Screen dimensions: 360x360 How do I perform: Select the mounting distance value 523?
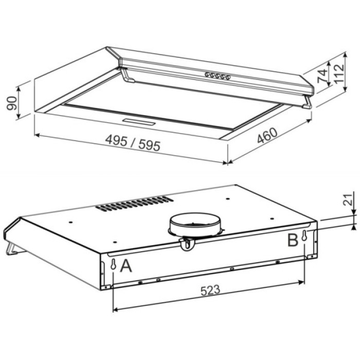[209, 290]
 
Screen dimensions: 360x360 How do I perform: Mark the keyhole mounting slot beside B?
[305, 238]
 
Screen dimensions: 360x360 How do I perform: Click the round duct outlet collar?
[194, 223]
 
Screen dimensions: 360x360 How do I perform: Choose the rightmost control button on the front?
[228, 79]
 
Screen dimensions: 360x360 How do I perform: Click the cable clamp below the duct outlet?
[188, 245]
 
